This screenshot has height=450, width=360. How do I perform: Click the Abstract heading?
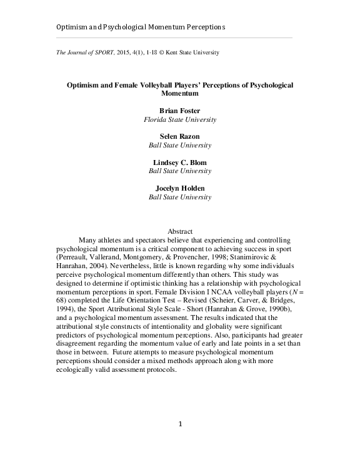pyautogui.click(x=180, y=231)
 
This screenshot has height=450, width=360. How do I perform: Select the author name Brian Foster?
pyautogui.click(x=180, y=110)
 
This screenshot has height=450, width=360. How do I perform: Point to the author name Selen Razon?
pyautogui.click(x=180, y=136)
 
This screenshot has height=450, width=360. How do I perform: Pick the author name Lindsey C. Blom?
pyautogui.click(x=180, y=162)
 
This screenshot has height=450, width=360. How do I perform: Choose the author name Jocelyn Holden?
pyautogui.click(x=180, y=189)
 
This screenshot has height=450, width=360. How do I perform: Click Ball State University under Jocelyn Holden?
pyautogui.click(x=180, y=197)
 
